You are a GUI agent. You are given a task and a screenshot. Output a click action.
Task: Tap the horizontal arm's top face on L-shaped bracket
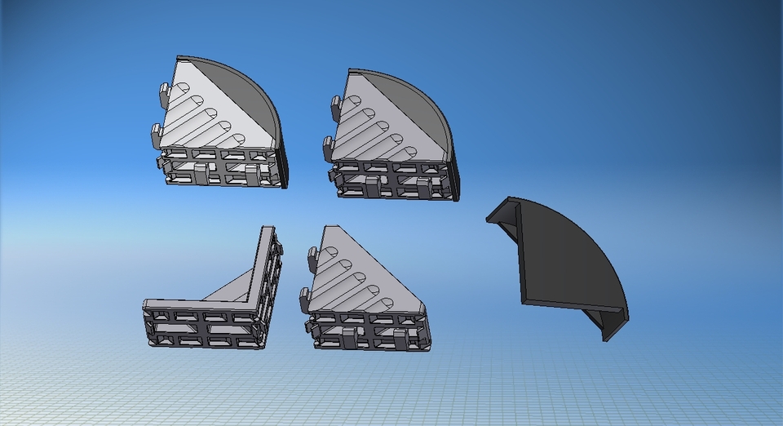tap(196, 306)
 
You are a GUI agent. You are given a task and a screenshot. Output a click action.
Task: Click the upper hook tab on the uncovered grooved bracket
tap(312, 259)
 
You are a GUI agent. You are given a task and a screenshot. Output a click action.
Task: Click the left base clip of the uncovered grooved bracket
tap(349, 338)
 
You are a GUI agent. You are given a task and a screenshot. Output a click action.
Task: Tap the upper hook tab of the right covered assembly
tap(336, 104)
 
